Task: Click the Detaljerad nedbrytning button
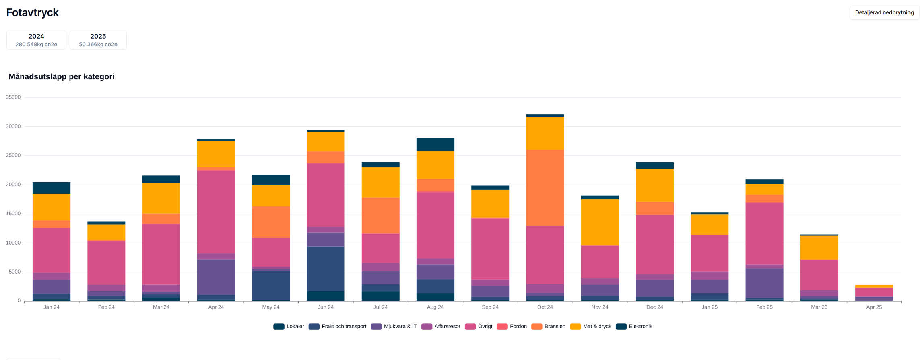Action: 884,12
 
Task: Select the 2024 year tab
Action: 36,40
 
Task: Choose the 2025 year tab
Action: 98,40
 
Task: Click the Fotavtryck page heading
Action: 33,12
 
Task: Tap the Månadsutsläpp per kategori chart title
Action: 62,76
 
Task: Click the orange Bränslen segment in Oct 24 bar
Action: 545,188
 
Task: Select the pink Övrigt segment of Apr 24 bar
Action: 216,212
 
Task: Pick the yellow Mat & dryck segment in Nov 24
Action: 600,222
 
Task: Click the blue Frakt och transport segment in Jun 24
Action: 326,268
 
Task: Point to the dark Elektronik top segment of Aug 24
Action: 435,144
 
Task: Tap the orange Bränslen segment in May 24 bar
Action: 271,222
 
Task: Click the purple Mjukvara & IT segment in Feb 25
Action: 764,283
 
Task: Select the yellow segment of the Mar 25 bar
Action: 819,248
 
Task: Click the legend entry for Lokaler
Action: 289,326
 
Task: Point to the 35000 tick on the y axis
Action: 13,97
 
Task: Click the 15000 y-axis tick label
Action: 13,214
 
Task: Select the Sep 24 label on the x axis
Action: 490,307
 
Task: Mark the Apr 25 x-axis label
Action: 874,307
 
